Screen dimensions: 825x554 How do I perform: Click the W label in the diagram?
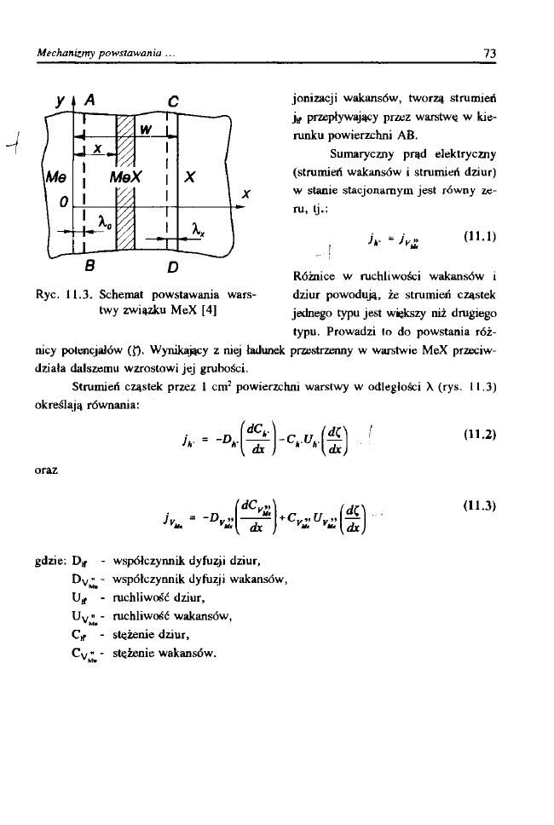tap(146, 130)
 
